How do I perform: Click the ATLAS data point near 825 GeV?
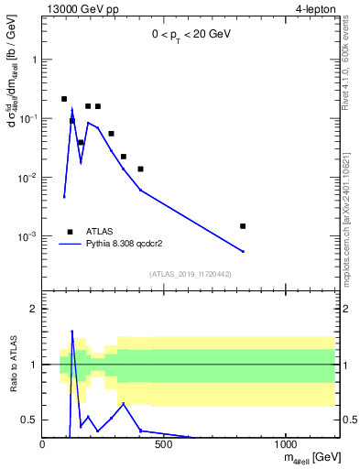243,225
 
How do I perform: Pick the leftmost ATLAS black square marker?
64,99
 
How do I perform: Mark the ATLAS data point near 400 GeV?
140,169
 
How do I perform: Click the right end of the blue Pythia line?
243,251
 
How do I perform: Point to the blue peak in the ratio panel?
72,332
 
